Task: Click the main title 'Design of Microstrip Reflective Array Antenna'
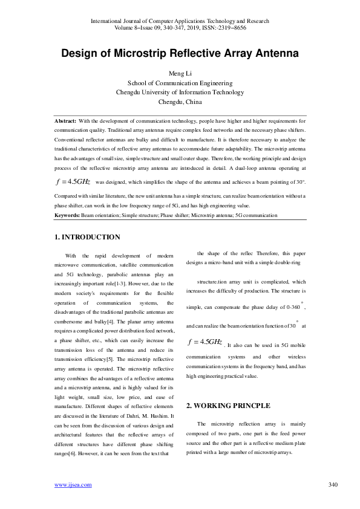tap(180, 54)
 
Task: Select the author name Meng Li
tap(180, 74)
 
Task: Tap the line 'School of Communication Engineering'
tap(180, 83)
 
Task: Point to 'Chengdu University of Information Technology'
tap(180, 92)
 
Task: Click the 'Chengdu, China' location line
tap(180, 102)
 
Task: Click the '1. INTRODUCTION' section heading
tap(87, 237)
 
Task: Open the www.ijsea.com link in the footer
tap(73, 484)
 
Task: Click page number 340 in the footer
tap(332, 484)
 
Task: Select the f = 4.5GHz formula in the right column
tap(205, 342)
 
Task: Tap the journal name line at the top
tap(180, 21)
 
